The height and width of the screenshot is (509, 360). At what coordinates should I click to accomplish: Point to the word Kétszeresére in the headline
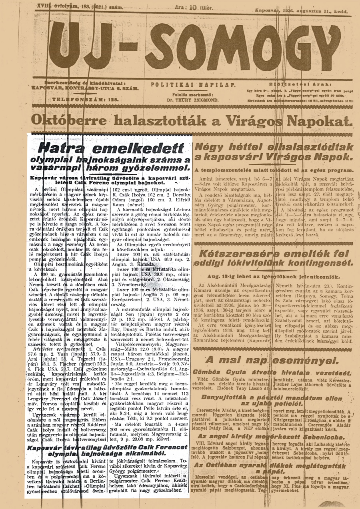[x=237, y=254]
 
